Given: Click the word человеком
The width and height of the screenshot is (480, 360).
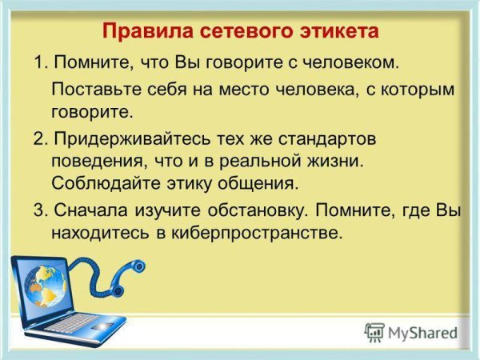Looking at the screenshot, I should (x=351, y=62).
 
